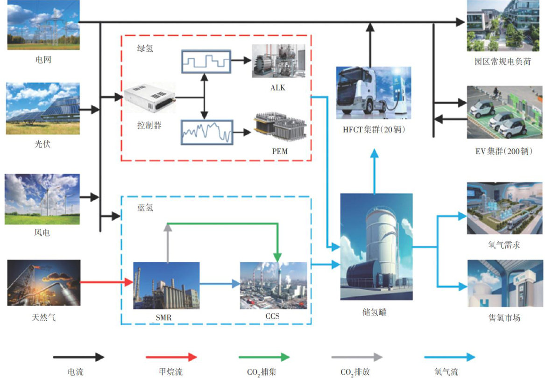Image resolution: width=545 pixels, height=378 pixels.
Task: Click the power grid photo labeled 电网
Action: click(x=43, y=25)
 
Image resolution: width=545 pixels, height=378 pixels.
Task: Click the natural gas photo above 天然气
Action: click(x=43, y=283)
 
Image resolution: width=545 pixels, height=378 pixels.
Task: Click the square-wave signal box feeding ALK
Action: click(x=205, y=61)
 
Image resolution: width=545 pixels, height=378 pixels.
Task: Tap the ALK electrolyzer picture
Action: click(x=278, y=61)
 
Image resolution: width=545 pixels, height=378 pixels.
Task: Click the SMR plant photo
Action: click(x=166, y=285)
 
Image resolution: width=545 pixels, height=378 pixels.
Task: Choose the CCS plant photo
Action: click(x=274, y=285)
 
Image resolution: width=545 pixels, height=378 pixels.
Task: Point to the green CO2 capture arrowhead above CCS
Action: click(x=278, y=257)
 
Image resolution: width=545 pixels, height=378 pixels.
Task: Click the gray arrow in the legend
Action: click(x=356, y=357)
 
